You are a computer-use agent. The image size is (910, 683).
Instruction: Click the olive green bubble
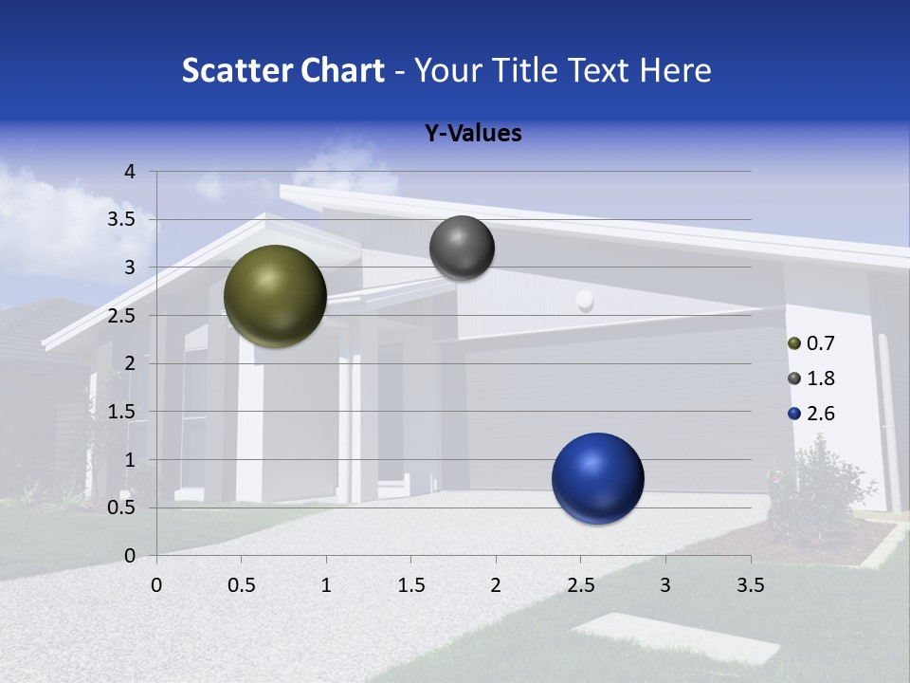tap(275, 296)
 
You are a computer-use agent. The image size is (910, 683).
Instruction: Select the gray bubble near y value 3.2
tap(462, 248)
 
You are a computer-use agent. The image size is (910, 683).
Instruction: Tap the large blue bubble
tap(597, 478)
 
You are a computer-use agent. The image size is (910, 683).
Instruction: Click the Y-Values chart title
tap(473, 134)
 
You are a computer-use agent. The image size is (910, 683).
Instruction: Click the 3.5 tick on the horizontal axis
tap(750, 585)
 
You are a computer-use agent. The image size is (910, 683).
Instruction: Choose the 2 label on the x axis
tap(496, 585)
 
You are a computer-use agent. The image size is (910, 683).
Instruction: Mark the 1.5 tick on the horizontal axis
tap(410, 585)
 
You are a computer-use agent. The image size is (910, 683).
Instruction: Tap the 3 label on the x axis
tap(665, 585)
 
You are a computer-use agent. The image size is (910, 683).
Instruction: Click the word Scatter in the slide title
tap(237, 70)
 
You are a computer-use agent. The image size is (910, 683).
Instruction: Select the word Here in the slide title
tap(675, 70)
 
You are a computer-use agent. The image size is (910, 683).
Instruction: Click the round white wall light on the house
tap(585, 301)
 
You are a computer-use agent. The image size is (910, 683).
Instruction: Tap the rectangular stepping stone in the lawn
tap(677, 637)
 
